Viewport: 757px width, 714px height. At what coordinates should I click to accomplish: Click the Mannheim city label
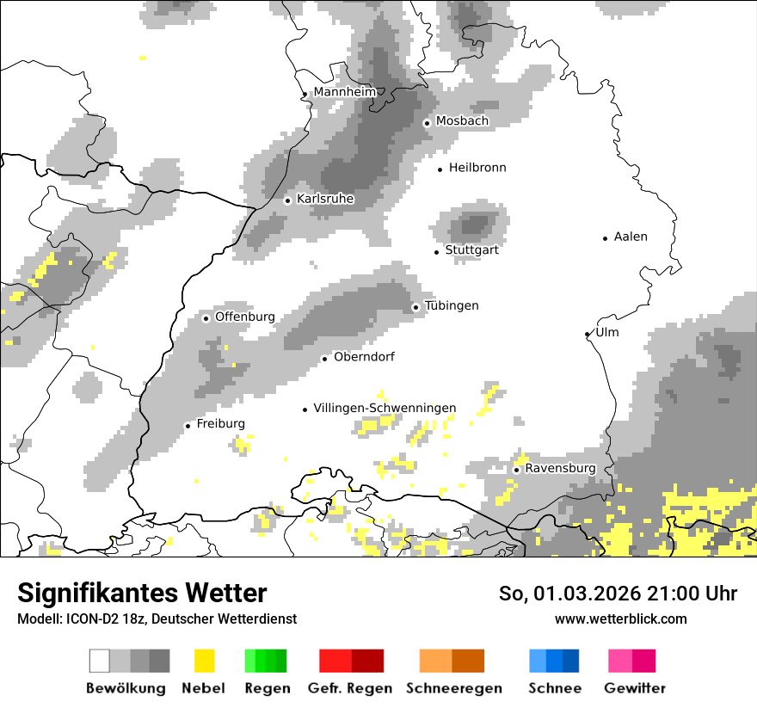click(345, 92)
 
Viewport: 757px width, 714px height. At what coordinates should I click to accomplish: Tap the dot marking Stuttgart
click(437, 251)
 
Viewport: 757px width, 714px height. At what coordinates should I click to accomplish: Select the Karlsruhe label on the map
click(325, 200)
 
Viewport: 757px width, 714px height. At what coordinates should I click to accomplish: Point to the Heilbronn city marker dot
click(440, 169)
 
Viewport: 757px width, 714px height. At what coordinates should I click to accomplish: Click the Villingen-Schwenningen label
click(385, 408)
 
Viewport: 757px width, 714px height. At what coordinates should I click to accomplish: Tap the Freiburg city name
click(220, 424)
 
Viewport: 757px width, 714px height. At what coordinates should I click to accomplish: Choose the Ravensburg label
click(560, 469)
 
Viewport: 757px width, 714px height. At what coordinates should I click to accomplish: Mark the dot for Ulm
click(588, 334)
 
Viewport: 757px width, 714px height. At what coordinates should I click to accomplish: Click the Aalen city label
click(631, 237)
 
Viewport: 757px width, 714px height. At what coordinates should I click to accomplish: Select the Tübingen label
click(452, 306)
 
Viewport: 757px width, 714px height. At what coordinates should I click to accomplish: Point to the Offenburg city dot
click(206, 318)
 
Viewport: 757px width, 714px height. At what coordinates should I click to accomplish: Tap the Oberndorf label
click(364, 357)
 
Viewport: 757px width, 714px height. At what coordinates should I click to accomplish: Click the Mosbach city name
click(462, 121)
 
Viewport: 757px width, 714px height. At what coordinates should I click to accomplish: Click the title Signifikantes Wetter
click(142, 594)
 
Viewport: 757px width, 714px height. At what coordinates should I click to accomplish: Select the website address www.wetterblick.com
click(620, 619)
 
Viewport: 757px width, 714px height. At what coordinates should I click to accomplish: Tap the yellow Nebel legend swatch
click(204, 661)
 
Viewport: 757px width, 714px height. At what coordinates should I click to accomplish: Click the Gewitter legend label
click(634, 688)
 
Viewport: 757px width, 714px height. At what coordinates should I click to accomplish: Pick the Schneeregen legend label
click(453, 688)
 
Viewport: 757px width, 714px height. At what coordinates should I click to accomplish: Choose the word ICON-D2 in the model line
click(84, 619)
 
